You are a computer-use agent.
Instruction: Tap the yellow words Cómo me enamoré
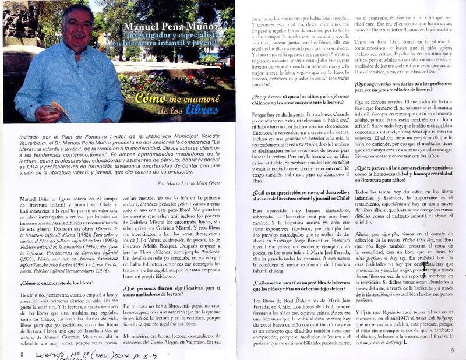(x=168, y=97)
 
